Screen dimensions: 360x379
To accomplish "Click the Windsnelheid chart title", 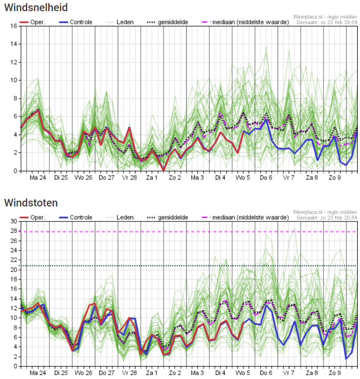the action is [36, 8].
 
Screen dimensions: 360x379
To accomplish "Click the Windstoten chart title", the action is [31, 203].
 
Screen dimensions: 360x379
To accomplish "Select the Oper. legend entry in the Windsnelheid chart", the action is [33, 22].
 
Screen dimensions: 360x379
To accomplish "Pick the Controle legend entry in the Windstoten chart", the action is [76, 218].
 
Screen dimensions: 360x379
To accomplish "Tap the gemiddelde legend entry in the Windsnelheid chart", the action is [168, 22].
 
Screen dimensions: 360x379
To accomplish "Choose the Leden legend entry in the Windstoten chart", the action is [120, 218].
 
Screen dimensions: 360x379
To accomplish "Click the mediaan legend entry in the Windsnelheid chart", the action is [245, 22].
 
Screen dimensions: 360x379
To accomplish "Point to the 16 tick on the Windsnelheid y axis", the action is [14, 26].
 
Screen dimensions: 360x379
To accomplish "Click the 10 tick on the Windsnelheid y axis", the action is [14, 80].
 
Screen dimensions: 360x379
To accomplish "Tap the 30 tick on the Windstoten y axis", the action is [14, 221].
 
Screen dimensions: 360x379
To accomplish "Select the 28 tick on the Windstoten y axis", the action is [14, 231].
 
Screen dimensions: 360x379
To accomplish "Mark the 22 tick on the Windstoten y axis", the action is [14, 260].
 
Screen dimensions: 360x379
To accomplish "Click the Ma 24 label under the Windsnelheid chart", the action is [38, 177].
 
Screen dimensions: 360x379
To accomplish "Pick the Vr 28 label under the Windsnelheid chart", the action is [129, 177].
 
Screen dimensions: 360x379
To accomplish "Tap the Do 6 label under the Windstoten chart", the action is [266, 373].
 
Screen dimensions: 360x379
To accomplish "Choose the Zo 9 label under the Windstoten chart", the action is [335, 373].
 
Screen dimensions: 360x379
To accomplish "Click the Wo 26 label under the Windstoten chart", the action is [83, 373].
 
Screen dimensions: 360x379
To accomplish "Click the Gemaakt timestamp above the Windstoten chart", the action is [327, 218].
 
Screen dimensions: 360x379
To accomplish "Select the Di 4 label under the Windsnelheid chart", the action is [220, 177].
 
